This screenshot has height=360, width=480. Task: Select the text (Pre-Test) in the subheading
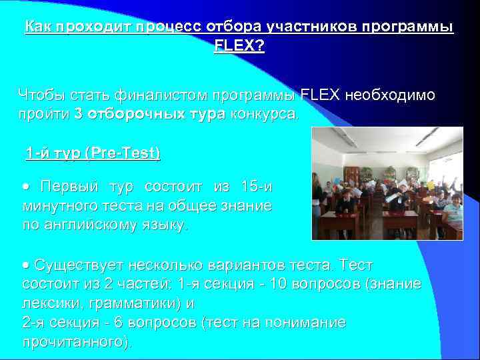point(124,153)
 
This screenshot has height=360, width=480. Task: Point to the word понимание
point(306,323)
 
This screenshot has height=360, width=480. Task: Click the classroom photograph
point(387,183)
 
